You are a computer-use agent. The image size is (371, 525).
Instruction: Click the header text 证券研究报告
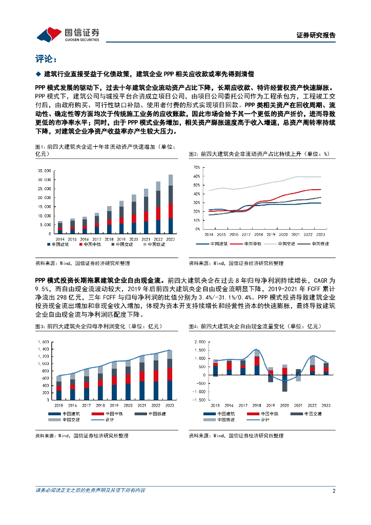click(x=316, y=35)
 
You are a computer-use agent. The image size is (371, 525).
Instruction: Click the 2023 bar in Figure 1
click(x=170, y=204)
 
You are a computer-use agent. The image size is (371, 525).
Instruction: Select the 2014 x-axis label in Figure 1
click(x=60, y=239)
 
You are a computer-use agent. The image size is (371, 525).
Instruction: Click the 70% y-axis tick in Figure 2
click(x=195, y=167)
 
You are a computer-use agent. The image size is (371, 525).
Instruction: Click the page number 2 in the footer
click(x=334, y=491)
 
